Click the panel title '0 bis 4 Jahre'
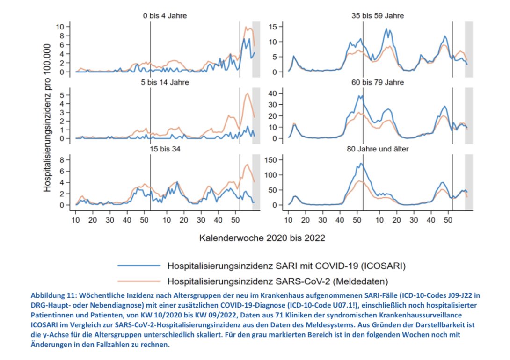click(x=165, y=16)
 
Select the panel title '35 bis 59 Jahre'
click(x=378, y=16)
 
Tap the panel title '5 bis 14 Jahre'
click(x=165, y=82)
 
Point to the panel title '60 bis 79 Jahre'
click(x=378, y=82)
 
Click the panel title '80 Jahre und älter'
click(x=378, y=150)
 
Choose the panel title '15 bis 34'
click(x=165, y=150)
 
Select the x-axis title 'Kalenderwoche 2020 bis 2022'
click(x=262, y=238)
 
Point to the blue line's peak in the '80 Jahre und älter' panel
click(x=360, y=163)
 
